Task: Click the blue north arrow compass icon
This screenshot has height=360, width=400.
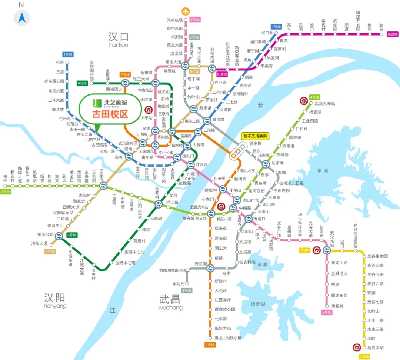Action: point(21,17)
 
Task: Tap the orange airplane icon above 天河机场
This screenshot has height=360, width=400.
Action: point(185,11)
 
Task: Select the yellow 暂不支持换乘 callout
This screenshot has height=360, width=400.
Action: point(255,136)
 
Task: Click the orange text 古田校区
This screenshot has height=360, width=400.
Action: point(110,114)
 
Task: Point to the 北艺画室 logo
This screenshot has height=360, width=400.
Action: point(110,102)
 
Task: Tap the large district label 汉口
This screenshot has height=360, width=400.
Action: point(119,37)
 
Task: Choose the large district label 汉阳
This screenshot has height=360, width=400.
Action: point(55,298)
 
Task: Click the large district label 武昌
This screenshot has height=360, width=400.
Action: point(170,300)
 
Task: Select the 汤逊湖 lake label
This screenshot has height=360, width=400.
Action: point(258,304)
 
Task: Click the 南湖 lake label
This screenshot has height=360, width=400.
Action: point(262,264)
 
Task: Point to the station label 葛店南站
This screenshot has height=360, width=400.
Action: point(375,348)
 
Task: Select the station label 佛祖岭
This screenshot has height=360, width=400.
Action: point(337,306)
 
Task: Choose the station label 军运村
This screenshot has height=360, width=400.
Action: point(179,284)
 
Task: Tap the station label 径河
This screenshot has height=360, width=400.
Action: point(60,62)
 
